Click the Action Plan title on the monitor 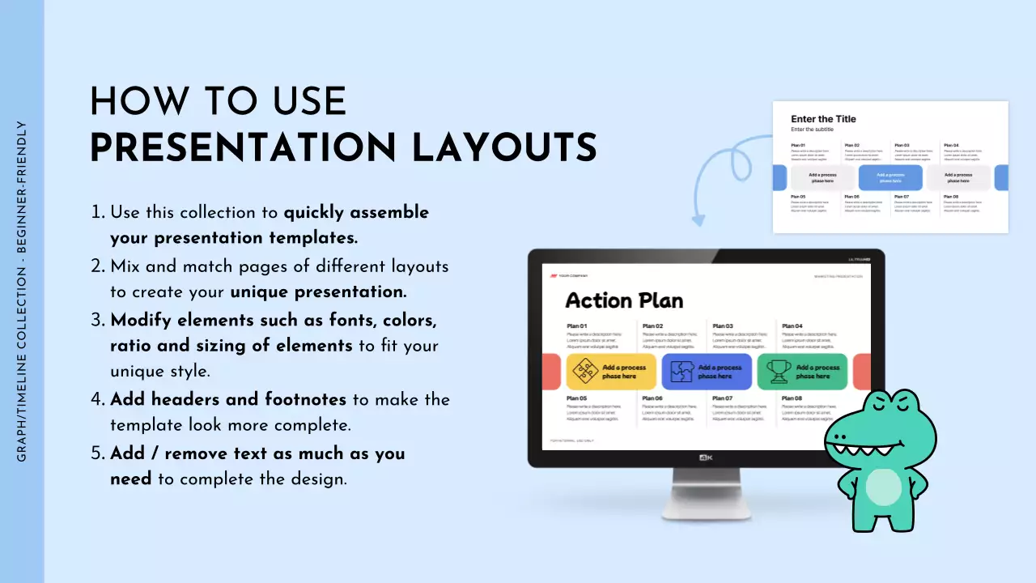[624, 300]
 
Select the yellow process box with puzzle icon [611, 372]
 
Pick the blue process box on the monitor [707, 372]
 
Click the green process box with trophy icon [802, 372]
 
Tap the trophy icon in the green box [779, 372]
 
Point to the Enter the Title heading [823, 119]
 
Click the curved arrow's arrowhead [698, 219]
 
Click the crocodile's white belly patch [883, 487]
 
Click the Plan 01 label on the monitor [577, 326]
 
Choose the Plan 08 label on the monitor [792, 398]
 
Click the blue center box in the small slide [890, 177]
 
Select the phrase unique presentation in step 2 [318, 291]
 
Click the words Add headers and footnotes [228, 399]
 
